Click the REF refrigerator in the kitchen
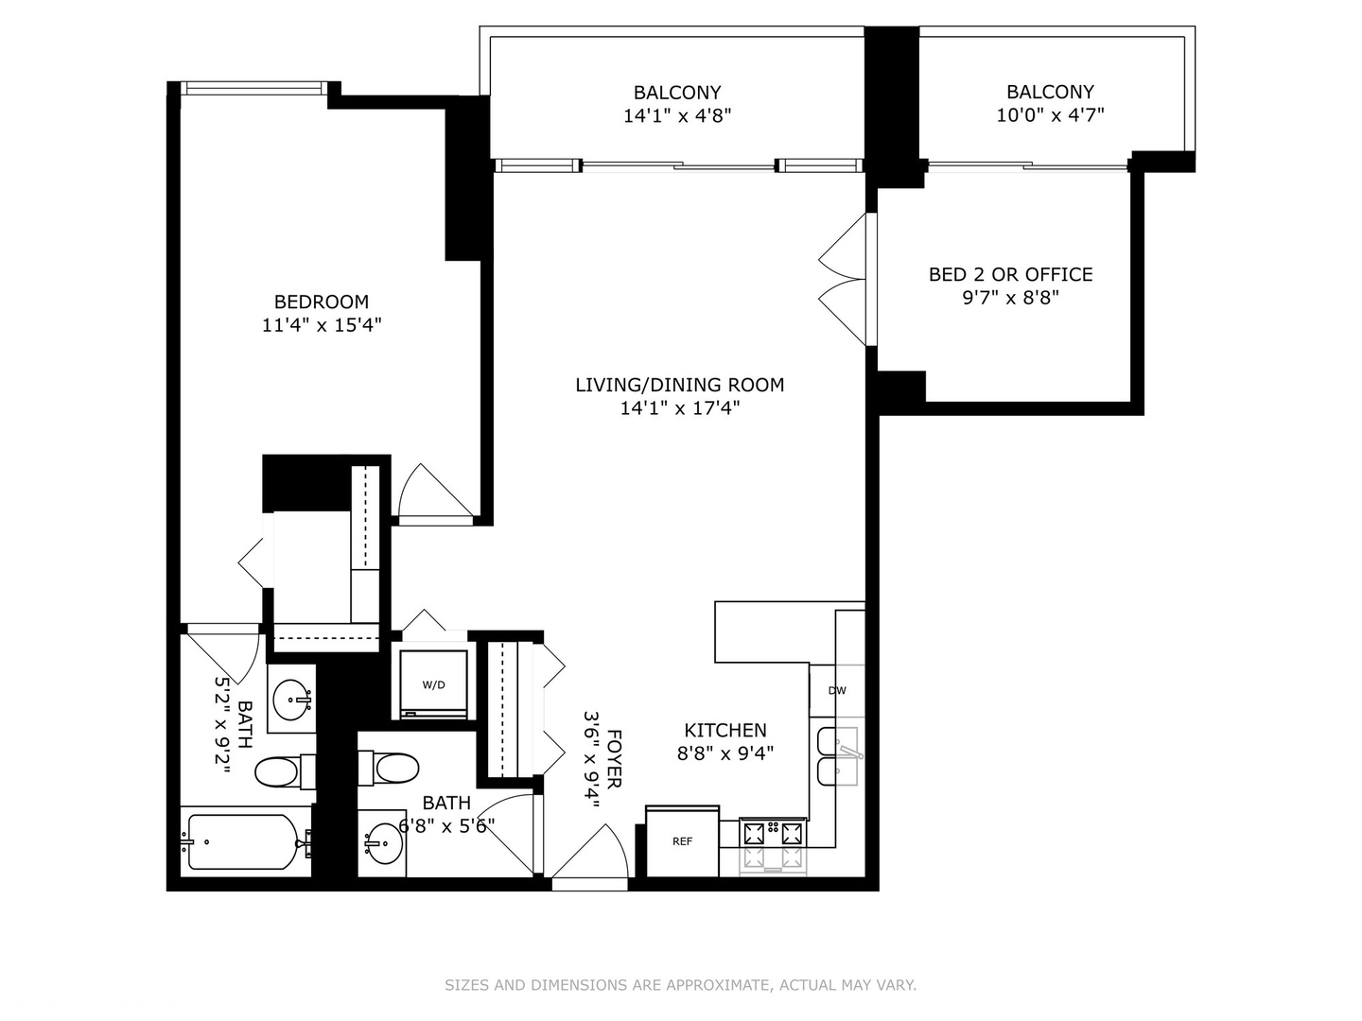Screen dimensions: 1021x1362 coord(682,841)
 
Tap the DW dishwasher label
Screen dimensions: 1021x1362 coord(837,690)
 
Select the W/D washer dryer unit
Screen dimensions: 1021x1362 coord(433,684)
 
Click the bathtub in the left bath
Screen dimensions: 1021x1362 coord(244,841)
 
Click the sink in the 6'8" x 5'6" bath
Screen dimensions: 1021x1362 coord(383,842)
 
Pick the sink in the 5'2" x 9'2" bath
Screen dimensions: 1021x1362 coord(291,701)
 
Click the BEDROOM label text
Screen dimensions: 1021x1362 coord(321,302)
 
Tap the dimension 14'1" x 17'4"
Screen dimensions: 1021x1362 coord(679,408)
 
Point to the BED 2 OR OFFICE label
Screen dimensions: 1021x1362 coord(1010,274)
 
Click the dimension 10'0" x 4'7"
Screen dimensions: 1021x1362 coord(1050,115)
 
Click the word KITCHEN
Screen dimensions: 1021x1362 coord(725,730)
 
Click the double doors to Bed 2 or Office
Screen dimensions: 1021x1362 coord(845,280)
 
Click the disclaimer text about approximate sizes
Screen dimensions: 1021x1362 coord(680,985)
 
